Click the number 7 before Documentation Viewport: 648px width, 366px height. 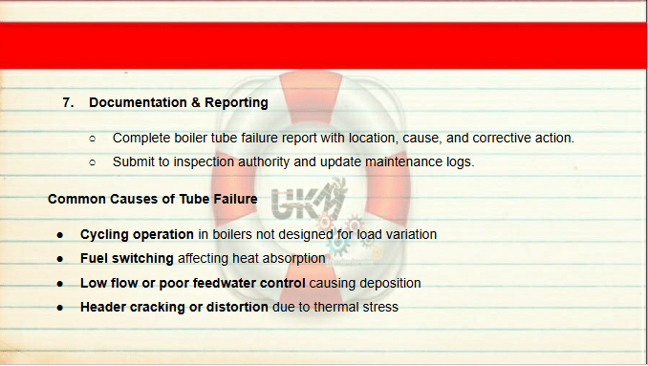click(66, 102)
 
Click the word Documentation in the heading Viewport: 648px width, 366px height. click(138, 102)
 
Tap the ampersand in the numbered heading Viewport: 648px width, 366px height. click(196, 102)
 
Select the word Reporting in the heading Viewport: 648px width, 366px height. click(236, 103)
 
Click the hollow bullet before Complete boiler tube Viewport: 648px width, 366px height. click(92, 139)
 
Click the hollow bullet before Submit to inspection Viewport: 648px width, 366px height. click(92, 162)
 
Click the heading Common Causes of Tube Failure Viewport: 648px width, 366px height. click(153, 199)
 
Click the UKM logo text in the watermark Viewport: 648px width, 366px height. click(307, 201)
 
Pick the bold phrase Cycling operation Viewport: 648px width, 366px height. click(137, 235)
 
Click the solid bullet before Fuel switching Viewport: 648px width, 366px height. click(60, 259)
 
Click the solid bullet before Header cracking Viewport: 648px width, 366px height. click(60, 308)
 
